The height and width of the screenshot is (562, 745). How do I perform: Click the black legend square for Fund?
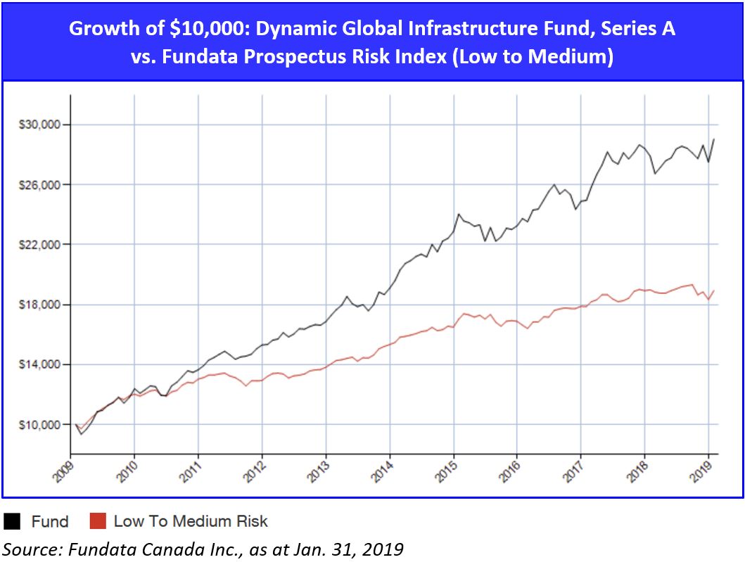(13, 521)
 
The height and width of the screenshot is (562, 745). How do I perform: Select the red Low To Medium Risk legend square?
(98, 521)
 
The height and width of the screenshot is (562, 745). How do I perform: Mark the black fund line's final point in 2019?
(713, 139)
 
